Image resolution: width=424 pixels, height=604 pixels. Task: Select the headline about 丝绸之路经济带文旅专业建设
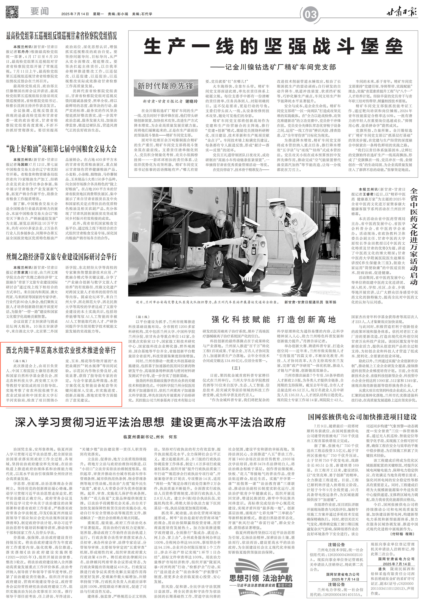(61, 257)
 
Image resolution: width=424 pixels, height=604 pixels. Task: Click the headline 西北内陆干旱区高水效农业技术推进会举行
(61, 350)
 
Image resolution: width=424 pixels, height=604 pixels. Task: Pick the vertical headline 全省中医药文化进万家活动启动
(414, 237)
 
